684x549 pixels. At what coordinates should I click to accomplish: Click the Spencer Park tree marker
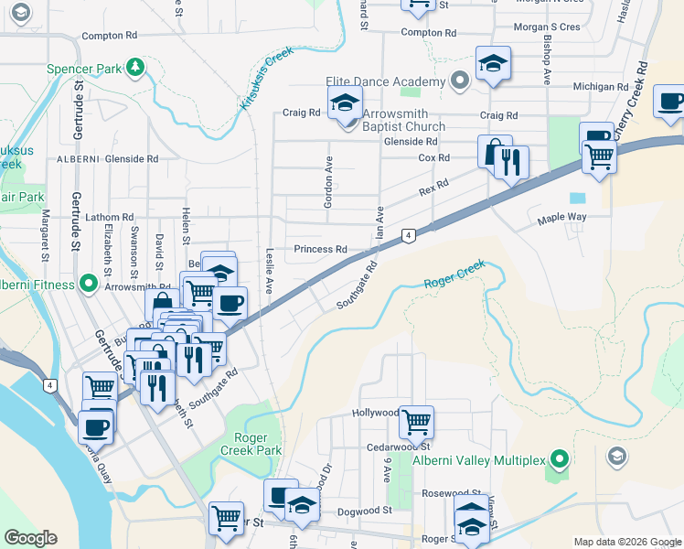pyautogui.click(x=135, y=67)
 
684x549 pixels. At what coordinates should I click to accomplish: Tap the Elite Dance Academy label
pyautogui.click(x=395, y=80)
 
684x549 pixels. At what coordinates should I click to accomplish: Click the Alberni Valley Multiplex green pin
pyautogui.click(x=561, y=458)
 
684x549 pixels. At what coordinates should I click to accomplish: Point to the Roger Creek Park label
pyautogui.click(x=251, y=444)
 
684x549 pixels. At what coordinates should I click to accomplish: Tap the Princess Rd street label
pyautogui.click(x=320, y=249)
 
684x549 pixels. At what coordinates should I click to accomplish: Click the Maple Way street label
pyautogui.click(x=561, y=219)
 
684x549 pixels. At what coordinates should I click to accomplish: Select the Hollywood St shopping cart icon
pyautogui.click(x=416, y=422)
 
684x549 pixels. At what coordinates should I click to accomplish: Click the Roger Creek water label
pyautogui.click(x=454, y=275)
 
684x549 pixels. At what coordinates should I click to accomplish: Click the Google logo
pyautogui.click(x=30, y=537)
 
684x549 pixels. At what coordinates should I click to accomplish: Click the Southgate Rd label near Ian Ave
pyautogui.click(x=356, y=285)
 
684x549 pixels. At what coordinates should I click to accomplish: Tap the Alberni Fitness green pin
pyautogui.click(x=89, y=284)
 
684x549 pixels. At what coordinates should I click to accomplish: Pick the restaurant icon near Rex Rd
pyautogui.click(x=511, y=163)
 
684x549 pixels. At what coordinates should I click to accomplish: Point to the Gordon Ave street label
pyautogui.click(x=326, y=181)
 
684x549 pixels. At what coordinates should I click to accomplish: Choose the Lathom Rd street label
pyautogui.click(x=110, y=217)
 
